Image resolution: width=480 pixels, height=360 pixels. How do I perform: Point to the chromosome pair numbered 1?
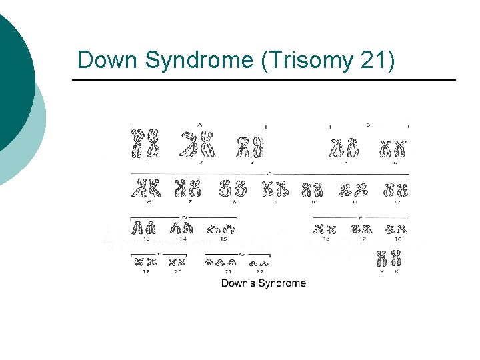pos(146,144)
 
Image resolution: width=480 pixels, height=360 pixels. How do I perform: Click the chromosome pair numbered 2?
pos(199,142)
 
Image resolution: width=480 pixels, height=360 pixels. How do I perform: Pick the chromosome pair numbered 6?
pos(145,189)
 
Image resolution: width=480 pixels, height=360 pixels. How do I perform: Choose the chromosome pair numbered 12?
pos(395,190)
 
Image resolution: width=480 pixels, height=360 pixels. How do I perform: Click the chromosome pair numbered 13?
pos(145,228)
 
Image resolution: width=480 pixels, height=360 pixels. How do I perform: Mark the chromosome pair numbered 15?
pos(221,229)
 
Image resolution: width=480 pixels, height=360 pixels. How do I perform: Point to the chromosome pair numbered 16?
pos(325,230)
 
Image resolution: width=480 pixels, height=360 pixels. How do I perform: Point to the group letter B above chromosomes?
pos(368,125)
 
